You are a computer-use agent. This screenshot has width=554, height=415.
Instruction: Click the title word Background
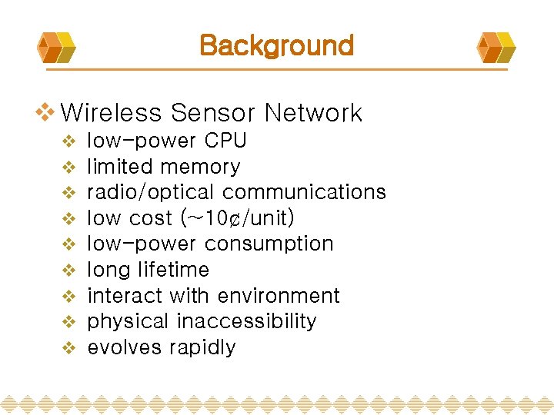(x=276, y=45)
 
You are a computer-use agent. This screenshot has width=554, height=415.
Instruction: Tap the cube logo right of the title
(x=496, y=47)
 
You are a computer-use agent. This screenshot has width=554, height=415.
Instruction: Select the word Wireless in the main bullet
(x=111, y=114)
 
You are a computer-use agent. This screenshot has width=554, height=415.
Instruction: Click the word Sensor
(x=214, y=114)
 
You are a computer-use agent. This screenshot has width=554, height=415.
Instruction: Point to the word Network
(x=312, y=114)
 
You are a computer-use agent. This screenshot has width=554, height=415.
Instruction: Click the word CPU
(x=225, y=141)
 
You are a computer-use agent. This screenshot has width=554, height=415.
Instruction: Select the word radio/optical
(x=152, y=192)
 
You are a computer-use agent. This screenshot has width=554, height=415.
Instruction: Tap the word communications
(x=304, y=192)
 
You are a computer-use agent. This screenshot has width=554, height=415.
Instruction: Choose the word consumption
(x=269, y=244)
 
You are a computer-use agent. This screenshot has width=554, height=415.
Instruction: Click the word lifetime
(x=174, y=270)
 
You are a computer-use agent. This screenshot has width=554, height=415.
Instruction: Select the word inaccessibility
(x=246, y=321)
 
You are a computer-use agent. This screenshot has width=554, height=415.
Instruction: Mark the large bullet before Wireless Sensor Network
(x=46, y=113)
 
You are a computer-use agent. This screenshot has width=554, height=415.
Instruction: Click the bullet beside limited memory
(x=68, y=167)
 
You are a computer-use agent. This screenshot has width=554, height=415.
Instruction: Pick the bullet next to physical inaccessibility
(x=68, y=322)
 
